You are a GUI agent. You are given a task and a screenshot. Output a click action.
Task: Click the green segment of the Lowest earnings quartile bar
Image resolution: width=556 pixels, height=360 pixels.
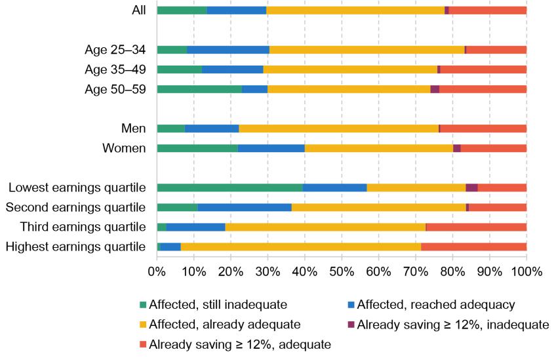(x=229, y=188)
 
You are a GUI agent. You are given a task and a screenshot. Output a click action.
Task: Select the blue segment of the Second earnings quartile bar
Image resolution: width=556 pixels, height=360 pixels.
(x=245, y=207)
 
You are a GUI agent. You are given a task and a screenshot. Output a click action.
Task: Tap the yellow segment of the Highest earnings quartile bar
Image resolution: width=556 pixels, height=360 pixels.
(x=300, y=247)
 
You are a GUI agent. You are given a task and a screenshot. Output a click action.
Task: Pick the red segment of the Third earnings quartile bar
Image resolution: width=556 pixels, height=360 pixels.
(x=476, y=227)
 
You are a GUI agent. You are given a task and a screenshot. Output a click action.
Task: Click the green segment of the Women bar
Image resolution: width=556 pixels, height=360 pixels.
(x=197, y=148)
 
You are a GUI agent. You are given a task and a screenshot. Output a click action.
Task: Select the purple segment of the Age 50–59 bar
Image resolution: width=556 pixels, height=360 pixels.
(x=435, y=89)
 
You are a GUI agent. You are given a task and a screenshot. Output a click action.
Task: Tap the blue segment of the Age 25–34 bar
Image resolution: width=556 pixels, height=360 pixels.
(x=228, y=50)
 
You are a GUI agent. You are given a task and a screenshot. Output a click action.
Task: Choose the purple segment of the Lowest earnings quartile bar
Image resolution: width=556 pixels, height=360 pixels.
(x=471, y=188)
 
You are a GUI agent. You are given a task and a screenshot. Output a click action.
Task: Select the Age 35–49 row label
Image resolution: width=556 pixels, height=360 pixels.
(x=115, y=70)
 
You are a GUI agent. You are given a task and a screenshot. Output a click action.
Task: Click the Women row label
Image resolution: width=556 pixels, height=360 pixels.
(x=124, y=148)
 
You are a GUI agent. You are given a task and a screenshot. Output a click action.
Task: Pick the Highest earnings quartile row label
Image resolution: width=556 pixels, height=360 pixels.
(x=75, y=247)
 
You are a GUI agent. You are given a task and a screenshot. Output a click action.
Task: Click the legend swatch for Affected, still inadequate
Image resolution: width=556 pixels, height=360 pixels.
(x=144, y=304)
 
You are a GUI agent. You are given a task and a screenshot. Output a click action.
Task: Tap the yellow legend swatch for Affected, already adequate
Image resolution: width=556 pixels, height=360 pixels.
(x=144, y=324)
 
